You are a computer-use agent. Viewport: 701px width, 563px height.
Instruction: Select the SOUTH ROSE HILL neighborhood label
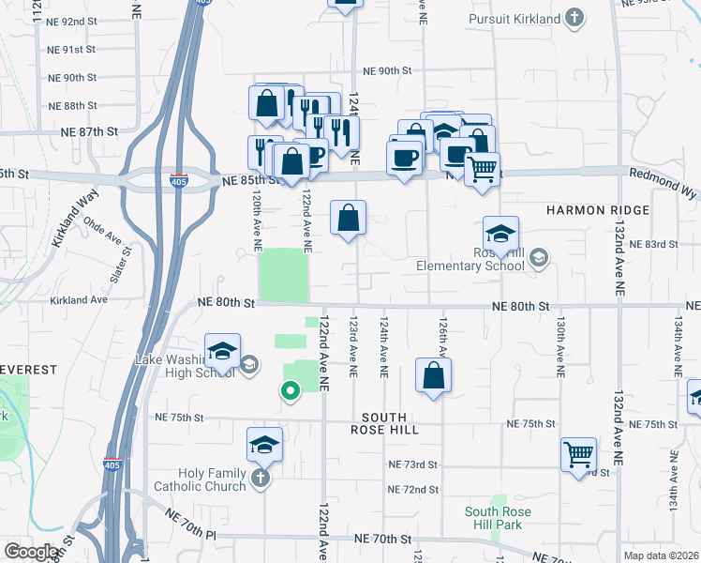tap(384, 423)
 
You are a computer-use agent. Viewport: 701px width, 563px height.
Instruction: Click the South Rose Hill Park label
tap(498, 518)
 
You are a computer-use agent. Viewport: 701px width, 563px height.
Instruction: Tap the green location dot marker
tap(291, 390)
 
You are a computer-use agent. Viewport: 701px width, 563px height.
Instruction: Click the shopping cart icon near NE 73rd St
tap(579, 455)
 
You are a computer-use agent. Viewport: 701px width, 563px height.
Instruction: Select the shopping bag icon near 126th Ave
tap(434, 377)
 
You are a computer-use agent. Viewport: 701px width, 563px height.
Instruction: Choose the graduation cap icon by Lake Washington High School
tap(222, 352)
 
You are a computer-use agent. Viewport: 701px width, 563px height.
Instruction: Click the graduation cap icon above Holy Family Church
tap(265, 445)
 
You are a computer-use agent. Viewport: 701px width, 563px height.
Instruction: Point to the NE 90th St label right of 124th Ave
tap(388, 70)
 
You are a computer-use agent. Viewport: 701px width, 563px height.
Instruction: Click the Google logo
tap(33, 551)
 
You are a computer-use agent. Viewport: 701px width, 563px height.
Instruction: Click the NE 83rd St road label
tap(654, 244)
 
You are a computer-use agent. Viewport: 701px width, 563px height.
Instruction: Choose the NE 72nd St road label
tap(412, 489)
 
